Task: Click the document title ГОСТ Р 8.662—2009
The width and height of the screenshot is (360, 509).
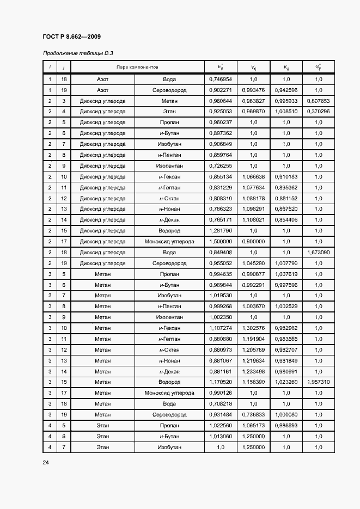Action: click(x=71, y=36)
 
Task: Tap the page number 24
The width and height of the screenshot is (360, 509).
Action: click(x=46, y=462)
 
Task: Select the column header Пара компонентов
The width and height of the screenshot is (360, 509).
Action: click(x=136, y=67)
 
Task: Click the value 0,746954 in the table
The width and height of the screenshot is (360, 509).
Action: click(x=220, y=79)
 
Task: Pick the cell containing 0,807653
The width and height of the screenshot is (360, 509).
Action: click(x=318, y=101)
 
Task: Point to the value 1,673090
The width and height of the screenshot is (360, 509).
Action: click(x=318, y=253)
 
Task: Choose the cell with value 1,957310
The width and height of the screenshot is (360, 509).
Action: click(x=318, y=382)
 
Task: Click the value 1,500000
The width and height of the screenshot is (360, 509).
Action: click(x=220, y=242)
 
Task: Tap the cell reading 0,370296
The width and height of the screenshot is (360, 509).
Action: click(x=318, y=112)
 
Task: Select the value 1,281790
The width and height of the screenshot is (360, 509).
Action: click(x=220, y=231)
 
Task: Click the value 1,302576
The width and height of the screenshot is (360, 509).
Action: click(x=253, y=328)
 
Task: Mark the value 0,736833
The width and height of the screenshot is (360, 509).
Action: click(x=253, y=415)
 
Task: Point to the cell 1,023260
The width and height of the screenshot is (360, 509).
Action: click(x=286, y=382)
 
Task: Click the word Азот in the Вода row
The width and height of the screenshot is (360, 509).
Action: click(x=102, y=79)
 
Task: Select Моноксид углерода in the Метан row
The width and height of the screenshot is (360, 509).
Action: click(x=169, y=393)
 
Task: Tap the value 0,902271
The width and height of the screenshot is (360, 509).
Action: click(x=220, y=90)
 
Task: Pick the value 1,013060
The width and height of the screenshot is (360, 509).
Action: click(x=220, y=437)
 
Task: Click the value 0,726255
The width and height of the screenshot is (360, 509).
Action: click(x=220, y=166)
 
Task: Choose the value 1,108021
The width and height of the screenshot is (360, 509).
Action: click(x=253, y=220)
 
